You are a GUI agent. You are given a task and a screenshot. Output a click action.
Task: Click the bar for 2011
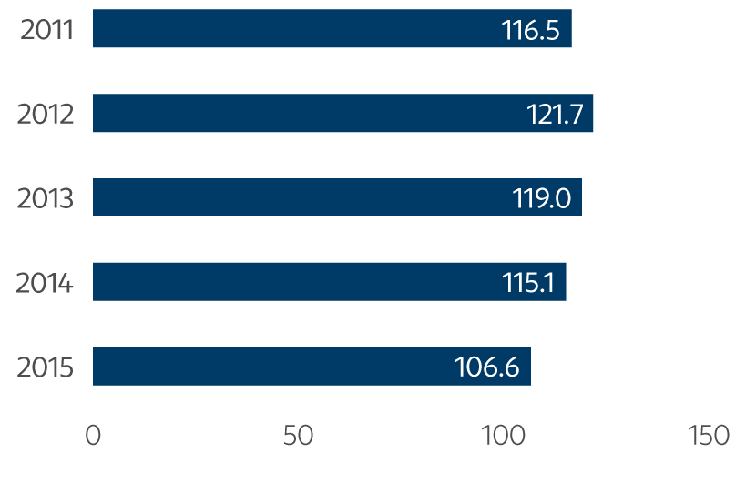tap(332, 28)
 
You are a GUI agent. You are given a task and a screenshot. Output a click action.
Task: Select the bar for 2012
tap(342, 113)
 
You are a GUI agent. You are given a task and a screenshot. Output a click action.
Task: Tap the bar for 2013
tap(337, 197)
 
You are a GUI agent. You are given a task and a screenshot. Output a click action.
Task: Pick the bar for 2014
tap(329, 282)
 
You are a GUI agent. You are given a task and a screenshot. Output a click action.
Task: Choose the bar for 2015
tap(312, 367)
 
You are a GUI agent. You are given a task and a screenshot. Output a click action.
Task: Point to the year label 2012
tap(46, 114)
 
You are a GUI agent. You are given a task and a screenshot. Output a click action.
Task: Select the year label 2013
tap(46, 198)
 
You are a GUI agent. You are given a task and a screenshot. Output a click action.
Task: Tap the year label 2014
tap(46, 283)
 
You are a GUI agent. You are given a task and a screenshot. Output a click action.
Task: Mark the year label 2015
tap(46, 367)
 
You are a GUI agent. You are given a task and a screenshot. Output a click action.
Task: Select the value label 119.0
tap(543, 198)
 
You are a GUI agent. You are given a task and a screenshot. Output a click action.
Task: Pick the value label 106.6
tap(486, 367)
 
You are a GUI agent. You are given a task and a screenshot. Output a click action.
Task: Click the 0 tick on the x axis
tap(93, 436)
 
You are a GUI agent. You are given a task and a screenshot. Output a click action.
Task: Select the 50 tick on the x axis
tap(298, 436)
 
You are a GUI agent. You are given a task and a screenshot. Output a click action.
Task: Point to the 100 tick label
tap(502, 436)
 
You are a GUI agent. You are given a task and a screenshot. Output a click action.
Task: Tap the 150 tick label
tap(708, 436)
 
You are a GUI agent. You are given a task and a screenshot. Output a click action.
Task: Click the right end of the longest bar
tap(592, 113)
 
